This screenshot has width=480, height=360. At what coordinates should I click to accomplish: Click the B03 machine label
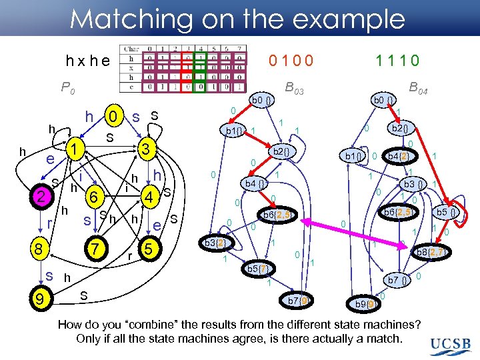tap(293, 87)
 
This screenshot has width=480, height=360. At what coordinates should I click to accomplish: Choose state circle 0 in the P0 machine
tap(115, 118)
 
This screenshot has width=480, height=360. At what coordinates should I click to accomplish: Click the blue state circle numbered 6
tap(95, 197)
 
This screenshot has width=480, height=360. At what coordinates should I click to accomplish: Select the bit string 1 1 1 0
tap(397, 61)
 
